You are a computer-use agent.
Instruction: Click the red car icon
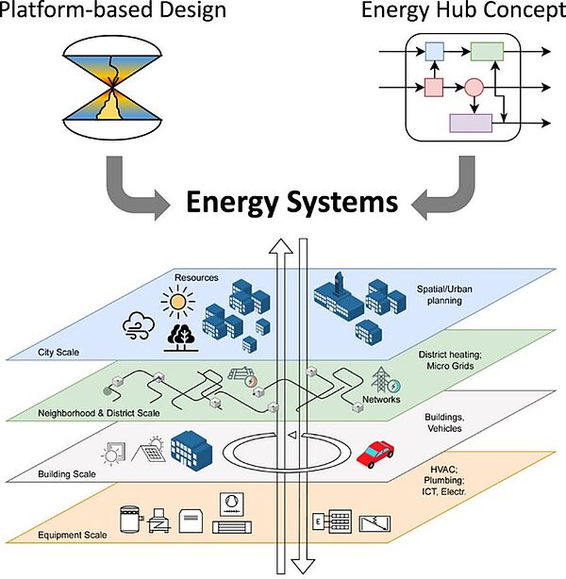coord(375,454)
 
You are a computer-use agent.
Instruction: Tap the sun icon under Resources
coord(177,302)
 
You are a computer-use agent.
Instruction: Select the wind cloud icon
coord(139,325)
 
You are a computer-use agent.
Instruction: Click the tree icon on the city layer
coord(181,338)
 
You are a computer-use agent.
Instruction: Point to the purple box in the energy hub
coord(471,123)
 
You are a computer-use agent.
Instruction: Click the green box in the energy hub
coord(487,51)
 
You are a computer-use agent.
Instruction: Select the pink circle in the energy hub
coord(474,88)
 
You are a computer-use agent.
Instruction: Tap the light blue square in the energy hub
coord(435,51)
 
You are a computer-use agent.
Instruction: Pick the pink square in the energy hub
coord(434,88)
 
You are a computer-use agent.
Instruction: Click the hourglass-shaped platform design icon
coord(112,88)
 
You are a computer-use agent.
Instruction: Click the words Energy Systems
coord(291,202)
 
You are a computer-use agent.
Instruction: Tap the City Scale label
coord(58,353)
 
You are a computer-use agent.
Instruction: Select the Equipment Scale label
coord(73,535)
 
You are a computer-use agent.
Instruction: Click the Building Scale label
coord(67,473)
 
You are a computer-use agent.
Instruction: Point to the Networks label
coord(381,399)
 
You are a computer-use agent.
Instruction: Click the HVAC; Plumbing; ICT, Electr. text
coord(444,480)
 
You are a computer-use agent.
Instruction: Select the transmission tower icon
coord(381,379)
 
